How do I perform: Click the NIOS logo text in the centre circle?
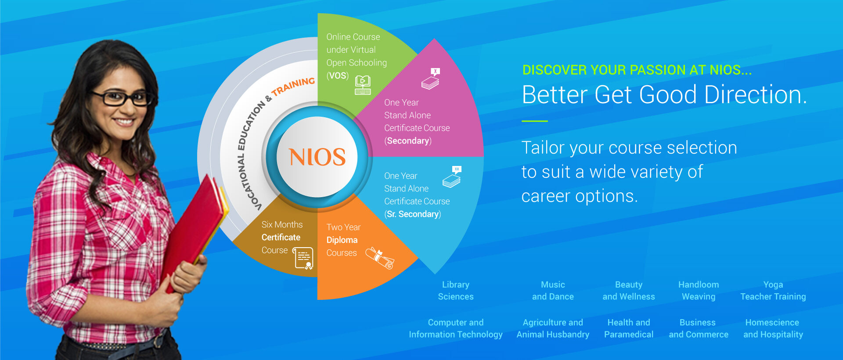317,157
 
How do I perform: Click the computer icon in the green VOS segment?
363,85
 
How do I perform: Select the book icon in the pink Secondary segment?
431,79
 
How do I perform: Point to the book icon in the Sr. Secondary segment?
452,177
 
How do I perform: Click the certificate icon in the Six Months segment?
303,258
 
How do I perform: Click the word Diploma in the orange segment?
342,240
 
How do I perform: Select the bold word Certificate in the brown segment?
281,238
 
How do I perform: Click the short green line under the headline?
535,121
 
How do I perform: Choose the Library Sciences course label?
456,291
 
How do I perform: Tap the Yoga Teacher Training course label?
773,291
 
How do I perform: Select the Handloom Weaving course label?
699,291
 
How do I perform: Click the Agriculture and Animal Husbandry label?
553,328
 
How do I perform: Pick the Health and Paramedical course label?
629,328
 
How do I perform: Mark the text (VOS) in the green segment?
338,76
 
